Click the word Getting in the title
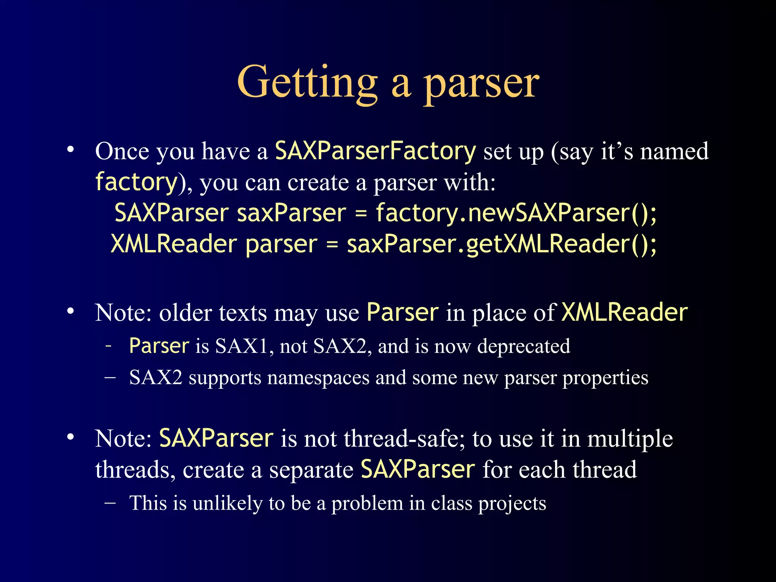click(307, 83)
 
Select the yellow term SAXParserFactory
click(375, 151)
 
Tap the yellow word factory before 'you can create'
click(136, 182)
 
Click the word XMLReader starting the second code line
click(174, 244)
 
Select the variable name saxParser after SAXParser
click(291, 213)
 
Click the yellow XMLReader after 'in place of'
click(624, 313)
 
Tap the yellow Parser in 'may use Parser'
click(402, 313)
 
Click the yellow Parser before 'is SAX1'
click(159, 346)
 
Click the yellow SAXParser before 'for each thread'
click(418, 470)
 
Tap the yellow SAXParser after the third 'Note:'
click(216, 439)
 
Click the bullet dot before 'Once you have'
click(70, 150)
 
